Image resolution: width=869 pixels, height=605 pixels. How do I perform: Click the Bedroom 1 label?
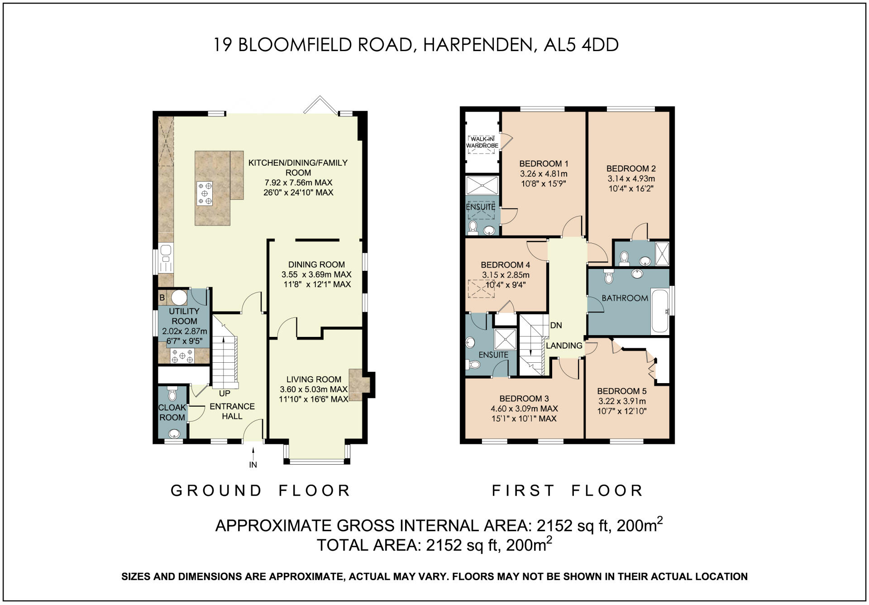544,163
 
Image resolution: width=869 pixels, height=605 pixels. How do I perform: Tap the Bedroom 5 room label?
622,391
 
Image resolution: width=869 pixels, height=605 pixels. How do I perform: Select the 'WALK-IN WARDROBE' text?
482,142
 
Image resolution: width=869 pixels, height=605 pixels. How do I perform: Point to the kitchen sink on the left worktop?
166,258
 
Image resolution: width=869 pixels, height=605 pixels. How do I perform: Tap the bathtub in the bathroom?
660,311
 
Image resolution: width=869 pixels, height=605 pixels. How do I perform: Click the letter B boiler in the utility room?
162,298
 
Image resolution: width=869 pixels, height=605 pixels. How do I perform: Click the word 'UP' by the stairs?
224,394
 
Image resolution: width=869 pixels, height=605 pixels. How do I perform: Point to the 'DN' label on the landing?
556,325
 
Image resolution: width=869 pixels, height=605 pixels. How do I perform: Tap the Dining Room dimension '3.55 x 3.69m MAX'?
316,274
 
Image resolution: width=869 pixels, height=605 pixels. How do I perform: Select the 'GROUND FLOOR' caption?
260,490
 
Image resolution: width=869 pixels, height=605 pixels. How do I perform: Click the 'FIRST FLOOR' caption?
568,490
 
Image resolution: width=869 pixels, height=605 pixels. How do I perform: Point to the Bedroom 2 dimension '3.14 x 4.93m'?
631,178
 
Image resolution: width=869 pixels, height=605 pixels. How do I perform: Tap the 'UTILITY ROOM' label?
184,316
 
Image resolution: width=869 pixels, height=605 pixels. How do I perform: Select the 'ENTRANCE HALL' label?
232,411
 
